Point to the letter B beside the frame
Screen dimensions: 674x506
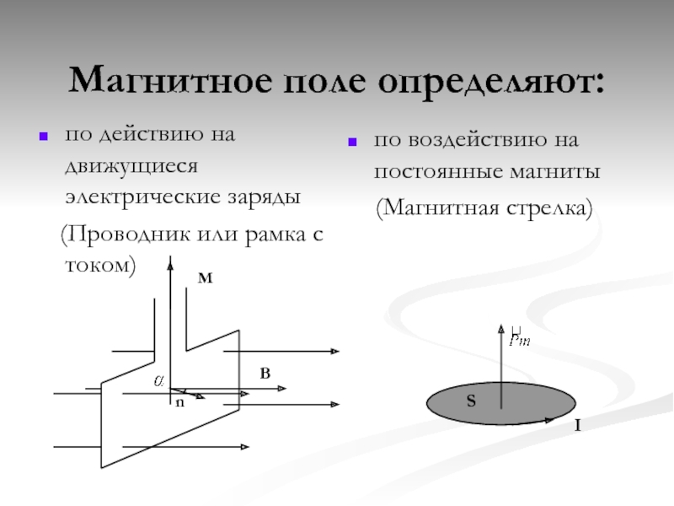coord(265,372)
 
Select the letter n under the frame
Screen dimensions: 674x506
coord(179,404)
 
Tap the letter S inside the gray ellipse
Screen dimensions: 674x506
coord(472,403)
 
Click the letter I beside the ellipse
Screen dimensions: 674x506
coord(577,428)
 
